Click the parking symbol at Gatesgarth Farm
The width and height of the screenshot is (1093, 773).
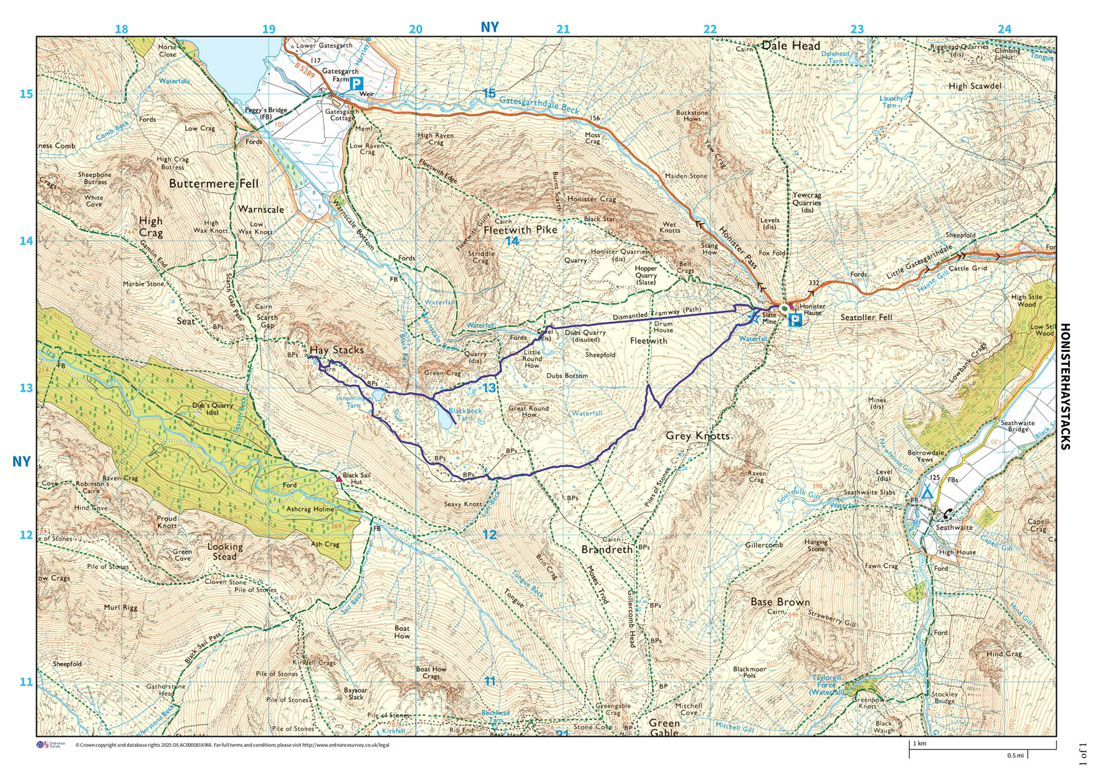(355, 84)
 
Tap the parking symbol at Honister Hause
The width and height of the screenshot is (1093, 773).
(795, 320)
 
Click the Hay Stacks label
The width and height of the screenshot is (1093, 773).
(336, 350)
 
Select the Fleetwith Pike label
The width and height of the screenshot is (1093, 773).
(520, 230)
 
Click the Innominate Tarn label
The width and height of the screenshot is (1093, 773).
(354, 401)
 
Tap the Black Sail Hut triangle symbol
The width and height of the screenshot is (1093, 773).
(338, 478)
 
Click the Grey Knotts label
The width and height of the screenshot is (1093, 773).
(697, 436)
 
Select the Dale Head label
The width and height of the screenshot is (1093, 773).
(791, 45)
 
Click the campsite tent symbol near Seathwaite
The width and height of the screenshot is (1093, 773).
(928, 492)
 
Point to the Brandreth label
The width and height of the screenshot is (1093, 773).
(606, 549)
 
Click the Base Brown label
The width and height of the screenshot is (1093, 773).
(780, 602)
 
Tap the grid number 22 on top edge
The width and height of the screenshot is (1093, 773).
(710, 29)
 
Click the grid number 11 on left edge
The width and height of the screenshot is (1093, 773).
(26, 681)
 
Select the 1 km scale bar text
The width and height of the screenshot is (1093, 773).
(919, 744)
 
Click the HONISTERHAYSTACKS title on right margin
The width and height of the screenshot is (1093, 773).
(1065, 386)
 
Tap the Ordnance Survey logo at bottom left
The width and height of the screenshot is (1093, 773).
(51, 745)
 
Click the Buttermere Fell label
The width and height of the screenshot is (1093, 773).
(214, 184)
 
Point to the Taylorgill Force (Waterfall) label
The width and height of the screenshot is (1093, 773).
(826, 685)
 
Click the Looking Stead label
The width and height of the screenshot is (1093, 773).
(225, 551)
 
